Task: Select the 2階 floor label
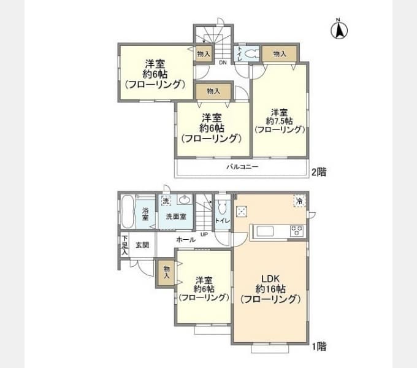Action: point(318,172)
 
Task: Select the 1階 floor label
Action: point(318,347)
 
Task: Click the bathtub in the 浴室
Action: point(127,212)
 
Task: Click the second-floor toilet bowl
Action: point(249,54)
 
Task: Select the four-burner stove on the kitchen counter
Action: point(297,231)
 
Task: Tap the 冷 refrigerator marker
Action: point(299,201)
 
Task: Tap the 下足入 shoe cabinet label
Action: point(124,245)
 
